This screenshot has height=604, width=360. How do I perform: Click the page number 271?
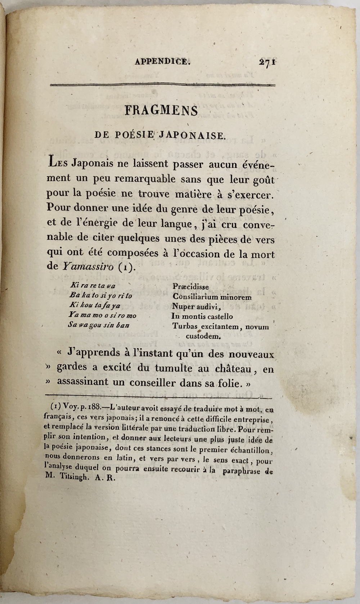[x=267, y=62]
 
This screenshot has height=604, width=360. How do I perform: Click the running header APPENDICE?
[x=162, y=62]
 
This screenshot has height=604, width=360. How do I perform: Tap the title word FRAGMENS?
[x=161, y=110]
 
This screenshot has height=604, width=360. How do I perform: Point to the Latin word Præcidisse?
[x=191, y=287]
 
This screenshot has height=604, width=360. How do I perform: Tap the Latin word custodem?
[x=203, y=336]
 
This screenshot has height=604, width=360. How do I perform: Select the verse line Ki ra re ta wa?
[x=92, y=286]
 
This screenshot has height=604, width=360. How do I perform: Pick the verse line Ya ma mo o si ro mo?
[x=102, y=315]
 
